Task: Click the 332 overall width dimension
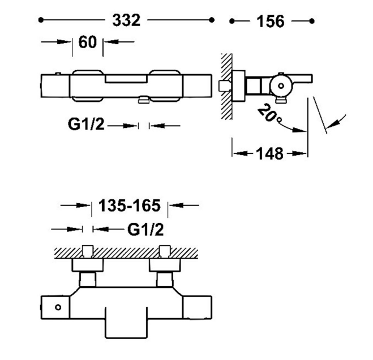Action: coord(126,20)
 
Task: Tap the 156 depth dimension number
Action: coord(271,22)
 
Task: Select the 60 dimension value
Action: coord(88,42)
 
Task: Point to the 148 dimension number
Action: coord(269,153)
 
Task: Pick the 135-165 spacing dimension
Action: coord(130,205)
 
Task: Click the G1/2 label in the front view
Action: coord(86,124)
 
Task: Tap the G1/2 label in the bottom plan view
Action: coord(145,230)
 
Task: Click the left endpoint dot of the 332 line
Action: coord(41,20)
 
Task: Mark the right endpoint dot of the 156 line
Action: coord(312,21)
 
